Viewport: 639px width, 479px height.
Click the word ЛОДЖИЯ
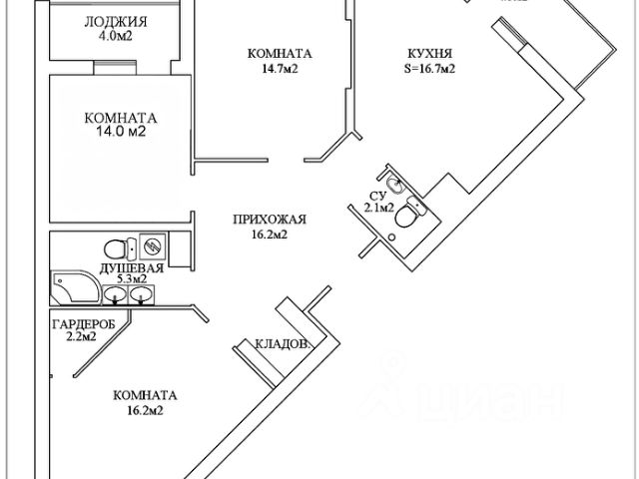(x=116, y=22)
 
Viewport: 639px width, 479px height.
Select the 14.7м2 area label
(x=268, y=70)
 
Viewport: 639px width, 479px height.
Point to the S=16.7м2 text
(x=431, y=69)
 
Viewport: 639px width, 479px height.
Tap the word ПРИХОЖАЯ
(x=268, y=220)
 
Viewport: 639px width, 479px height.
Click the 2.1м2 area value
(x=378, y=209)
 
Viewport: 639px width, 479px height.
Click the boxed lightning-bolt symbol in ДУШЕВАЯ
(x=153, y=244)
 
